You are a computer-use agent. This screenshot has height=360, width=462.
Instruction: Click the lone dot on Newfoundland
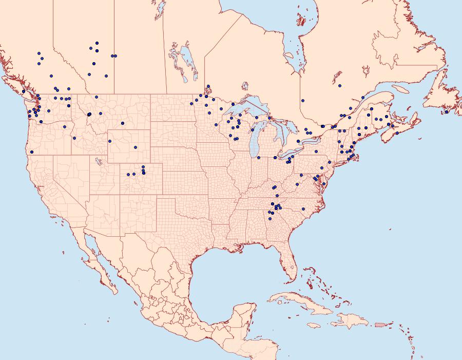(447, 112)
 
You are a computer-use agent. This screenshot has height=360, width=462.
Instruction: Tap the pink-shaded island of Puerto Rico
(380, 325)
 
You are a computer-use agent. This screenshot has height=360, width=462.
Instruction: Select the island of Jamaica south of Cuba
(316, 326)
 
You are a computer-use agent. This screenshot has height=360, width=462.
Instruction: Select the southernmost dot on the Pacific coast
(32, 151)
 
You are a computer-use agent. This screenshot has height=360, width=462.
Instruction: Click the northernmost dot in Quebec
(340, 86)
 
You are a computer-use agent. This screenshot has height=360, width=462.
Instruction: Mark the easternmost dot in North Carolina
(303, 209)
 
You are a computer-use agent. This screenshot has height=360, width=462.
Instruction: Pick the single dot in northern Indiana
(258, 158)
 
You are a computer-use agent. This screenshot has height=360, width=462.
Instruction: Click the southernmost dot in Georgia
(270, 219)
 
